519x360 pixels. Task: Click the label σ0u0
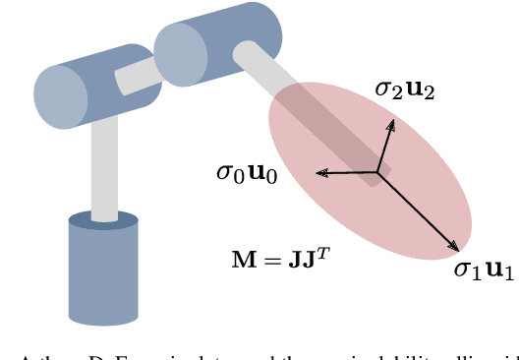[x=246, y=173]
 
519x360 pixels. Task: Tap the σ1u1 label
[x=483, y=270]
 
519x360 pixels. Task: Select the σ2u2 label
[x=404, y=90]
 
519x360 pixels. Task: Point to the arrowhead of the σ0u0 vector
[x=319, y=174]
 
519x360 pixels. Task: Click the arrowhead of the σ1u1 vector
[x=456, y=248]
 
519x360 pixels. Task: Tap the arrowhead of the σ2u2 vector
[x=392, y=123]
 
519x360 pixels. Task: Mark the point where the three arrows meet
[x=377, y=173]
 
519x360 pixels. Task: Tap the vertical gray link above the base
[x=104, y=167]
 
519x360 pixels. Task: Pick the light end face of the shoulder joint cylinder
[x=60, y=96]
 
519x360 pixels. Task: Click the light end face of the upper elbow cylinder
[x=180, y=53]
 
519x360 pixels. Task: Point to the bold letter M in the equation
[x=242, y=261]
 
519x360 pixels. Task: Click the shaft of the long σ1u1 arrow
[x=418, y=211]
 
